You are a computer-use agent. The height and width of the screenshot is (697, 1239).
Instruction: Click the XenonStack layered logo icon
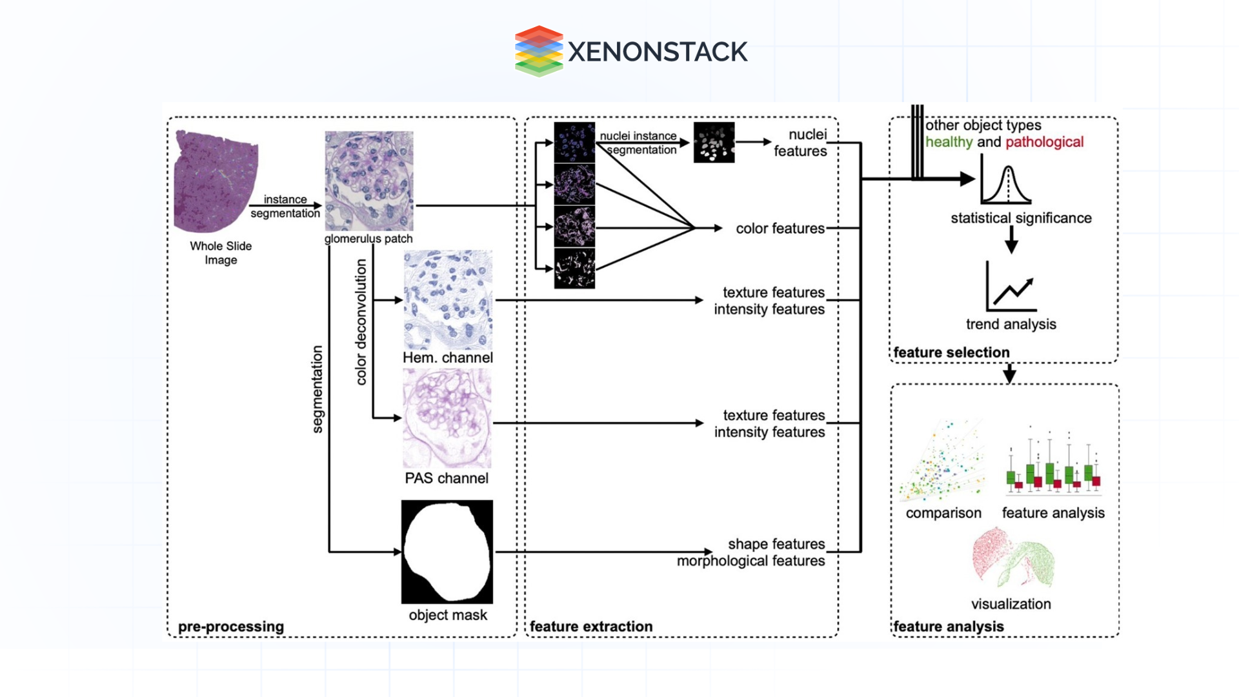pyautogui.click(x=539, y=51)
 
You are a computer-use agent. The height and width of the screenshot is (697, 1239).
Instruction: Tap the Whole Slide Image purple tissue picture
pyautogui.click(x=216, y=182)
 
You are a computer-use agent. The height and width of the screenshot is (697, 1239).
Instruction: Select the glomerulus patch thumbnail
pyautogui.click(x=369, y=181)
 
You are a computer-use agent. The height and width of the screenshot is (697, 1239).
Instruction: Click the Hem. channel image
pyautogui.click(x=448, y=300)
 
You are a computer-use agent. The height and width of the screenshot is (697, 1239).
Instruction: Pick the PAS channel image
pyautogui.click(x=447, y=419)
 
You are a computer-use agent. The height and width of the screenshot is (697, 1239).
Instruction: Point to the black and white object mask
pyautogui.click(x=447, y=552)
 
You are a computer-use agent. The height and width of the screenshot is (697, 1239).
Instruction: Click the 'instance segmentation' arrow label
pyautogui.click(x=285, y=207)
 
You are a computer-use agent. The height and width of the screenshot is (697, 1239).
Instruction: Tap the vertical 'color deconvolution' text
pyautogui.click(x=361, y=322)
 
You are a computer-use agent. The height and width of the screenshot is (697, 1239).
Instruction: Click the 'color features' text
pyautogui.click(x=780, y=228)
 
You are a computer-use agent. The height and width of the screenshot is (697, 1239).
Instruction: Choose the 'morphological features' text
pyautogui.click(x=750, y=561)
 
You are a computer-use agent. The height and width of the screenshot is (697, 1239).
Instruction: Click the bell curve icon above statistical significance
pyautogui.click(x=1007, y=185)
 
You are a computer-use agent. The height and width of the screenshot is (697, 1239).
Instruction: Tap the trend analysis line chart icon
pyautogui.click(x=1011, y=288)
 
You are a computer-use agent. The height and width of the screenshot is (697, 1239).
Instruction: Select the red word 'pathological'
pyautogui.click(x=1044, y=142)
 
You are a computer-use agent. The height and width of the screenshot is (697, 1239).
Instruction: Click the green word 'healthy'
pyautogui.click(x=949, y=142)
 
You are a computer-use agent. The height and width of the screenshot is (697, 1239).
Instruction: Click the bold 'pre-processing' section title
pyautogui.click(x=231, y=627)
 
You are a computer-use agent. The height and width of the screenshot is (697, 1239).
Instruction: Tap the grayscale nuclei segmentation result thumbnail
pyautogui.click(x=714, y=143)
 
